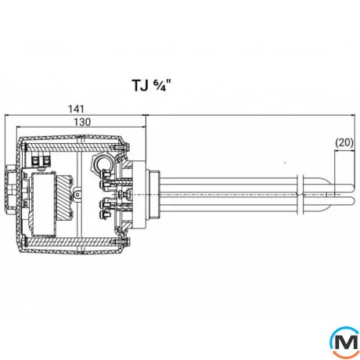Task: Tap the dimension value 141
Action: tap(76, 109)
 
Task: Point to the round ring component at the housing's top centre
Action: tap(103, 164)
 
